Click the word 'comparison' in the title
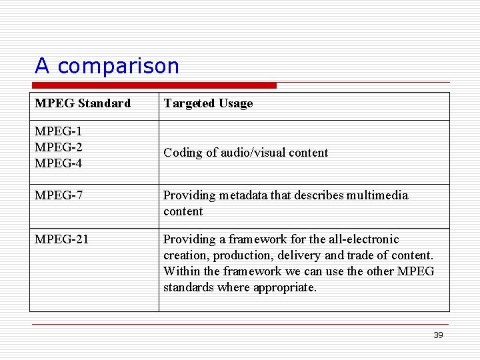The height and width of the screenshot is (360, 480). (119, 66)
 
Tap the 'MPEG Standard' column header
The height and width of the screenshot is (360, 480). (83, 103)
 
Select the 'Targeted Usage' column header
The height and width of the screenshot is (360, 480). (208, 103)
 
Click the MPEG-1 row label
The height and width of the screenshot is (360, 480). (58, 131)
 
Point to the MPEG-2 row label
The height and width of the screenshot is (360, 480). (58, 147)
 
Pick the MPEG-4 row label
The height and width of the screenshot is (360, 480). (58, 163)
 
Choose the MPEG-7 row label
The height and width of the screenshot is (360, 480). (58, 195)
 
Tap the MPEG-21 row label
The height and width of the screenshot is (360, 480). (61, 239)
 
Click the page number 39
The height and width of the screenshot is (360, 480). (438, 335)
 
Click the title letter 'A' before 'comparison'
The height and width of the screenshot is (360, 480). (42, 66)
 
